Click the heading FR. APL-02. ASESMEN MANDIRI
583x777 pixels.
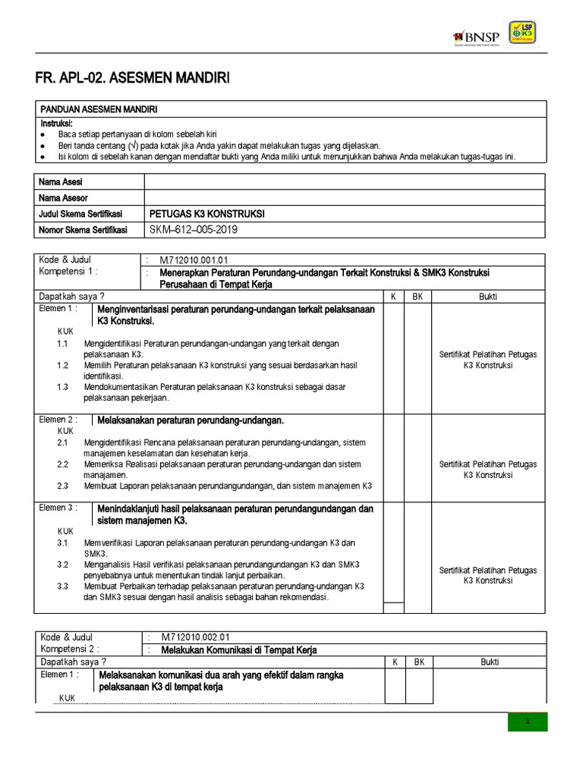132,78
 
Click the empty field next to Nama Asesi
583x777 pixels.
344,181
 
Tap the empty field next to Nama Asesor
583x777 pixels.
344,197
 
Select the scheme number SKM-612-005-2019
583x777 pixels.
198,230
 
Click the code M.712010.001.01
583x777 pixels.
194,260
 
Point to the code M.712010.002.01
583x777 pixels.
194,637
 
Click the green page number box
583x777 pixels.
527,722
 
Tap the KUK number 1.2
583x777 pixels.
63,365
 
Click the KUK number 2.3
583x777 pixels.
63,486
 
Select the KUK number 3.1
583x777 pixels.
63,543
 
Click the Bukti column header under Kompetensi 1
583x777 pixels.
488,297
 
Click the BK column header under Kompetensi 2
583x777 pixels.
418,662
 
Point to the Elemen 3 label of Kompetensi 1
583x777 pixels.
58,508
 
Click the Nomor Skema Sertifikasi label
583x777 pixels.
84,230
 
